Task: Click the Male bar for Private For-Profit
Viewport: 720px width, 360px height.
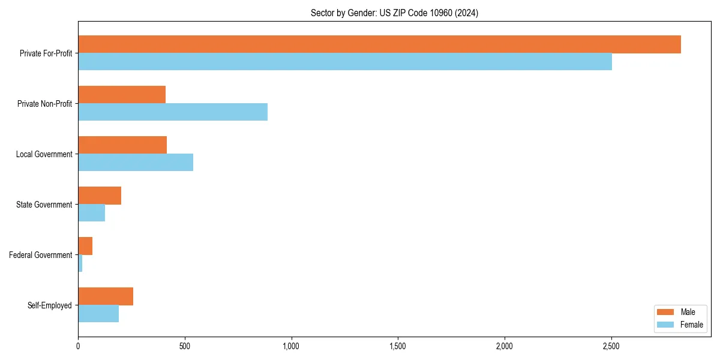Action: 379,44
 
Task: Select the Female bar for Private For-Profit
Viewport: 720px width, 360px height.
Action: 345,62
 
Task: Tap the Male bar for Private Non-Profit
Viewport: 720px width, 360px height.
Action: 122,95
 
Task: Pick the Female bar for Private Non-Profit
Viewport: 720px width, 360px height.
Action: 173,112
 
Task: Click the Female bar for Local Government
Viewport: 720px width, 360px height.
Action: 136,163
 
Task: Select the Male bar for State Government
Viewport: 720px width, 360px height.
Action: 100,196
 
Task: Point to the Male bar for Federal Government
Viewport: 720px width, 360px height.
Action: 85,246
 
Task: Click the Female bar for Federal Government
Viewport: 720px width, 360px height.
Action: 80,263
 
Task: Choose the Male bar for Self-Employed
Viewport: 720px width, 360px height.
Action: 106,296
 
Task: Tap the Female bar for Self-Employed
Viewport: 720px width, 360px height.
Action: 98,314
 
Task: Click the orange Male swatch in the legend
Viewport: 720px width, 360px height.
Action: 666,312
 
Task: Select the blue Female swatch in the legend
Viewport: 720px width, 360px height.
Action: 666,325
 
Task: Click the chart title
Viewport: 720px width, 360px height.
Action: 394,13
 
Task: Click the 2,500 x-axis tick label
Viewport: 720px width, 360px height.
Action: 611,346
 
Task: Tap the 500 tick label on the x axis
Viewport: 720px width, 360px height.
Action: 185,346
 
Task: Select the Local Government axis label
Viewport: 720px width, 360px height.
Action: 44,154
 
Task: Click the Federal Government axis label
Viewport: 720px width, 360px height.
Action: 41,255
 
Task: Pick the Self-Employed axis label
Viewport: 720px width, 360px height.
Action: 50,305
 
